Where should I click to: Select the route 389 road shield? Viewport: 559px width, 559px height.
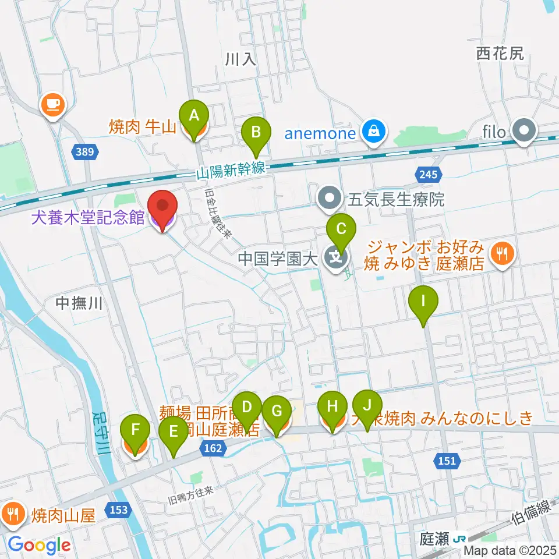coord(84,153)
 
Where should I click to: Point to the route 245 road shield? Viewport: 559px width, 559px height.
coord(430,173)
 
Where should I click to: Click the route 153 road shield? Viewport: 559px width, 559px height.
coord(118,510)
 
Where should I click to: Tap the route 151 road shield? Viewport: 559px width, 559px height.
coord(447,461)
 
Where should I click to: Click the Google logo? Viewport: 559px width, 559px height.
coord(40,545)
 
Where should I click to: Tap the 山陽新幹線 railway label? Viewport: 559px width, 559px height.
coord(231,169)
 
